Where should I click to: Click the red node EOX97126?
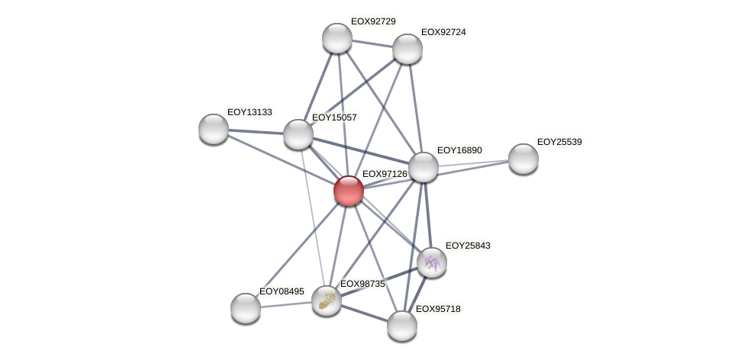coord(349,191)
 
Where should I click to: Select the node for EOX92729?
coord(337,38)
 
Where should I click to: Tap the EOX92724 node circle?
coord(407,49)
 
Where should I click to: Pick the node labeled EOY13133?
coord(214,128)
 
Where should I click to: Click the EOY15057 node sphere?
coord(298,134)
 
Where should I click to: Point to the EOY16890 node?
coord(424,167)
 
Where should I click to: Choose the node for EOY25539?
coord(523,159)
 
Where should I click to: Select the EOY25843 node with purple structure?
coord(432,262)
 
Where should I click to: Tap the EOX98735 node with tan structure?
coord(327,301)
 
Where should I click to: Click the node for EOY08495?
coord(246,308)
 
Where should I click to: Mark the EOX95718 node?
coord(402,326)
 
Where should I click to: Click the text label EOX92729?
coord(373,21)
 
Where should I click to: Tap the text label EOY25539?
coord(559,142)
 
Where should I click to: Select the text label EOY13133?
coord(250,112)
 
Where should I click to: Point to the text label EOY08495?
coord(282,291)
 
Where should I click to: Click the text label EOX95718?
coord(438,309)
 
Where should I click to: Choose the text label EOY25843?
coord(468,246)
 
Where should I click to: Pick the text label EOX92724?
coord(443,32)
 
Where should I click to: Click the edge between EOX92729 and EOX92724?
coord(372,43)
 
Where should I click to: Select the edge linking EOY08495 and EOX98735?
coord(286,304)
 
